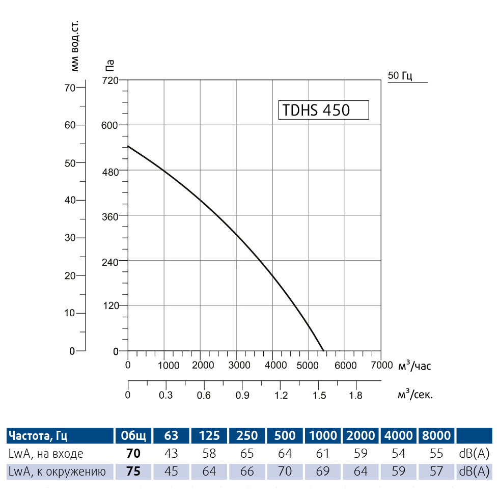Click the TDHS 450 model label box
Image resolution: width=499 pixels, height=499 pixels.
click(323, 109)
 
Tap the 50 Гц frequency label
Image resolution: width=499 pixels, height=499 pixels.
click(400, 76)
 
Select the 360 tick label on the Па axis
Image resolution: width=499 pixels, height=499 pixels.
click(110, 216)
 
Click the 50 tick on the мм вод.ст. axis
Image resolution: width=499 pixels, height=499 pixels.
click(70, 163)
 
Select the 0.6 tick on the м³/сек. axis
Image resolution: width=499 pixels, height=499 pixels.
click(204, 395)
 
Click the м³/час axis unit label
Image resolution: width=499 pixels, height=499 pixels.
click(418, 365)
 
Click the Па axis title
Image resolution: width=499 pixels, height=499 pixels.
click(110, 65)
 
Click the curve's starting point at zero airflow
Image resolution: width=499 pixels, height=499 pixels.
click(128, 146)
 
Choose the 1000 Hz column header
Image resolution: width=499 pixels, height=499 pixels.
click(323, 435)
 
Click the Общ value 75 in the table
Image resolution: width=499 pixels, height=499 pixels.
click(133, 472)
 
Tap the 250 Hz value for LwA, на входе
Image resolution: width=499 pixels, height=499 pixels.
click(247, 453)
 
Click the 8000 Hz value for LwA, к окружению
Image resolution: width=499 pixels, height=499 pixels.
click(436, 472)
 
